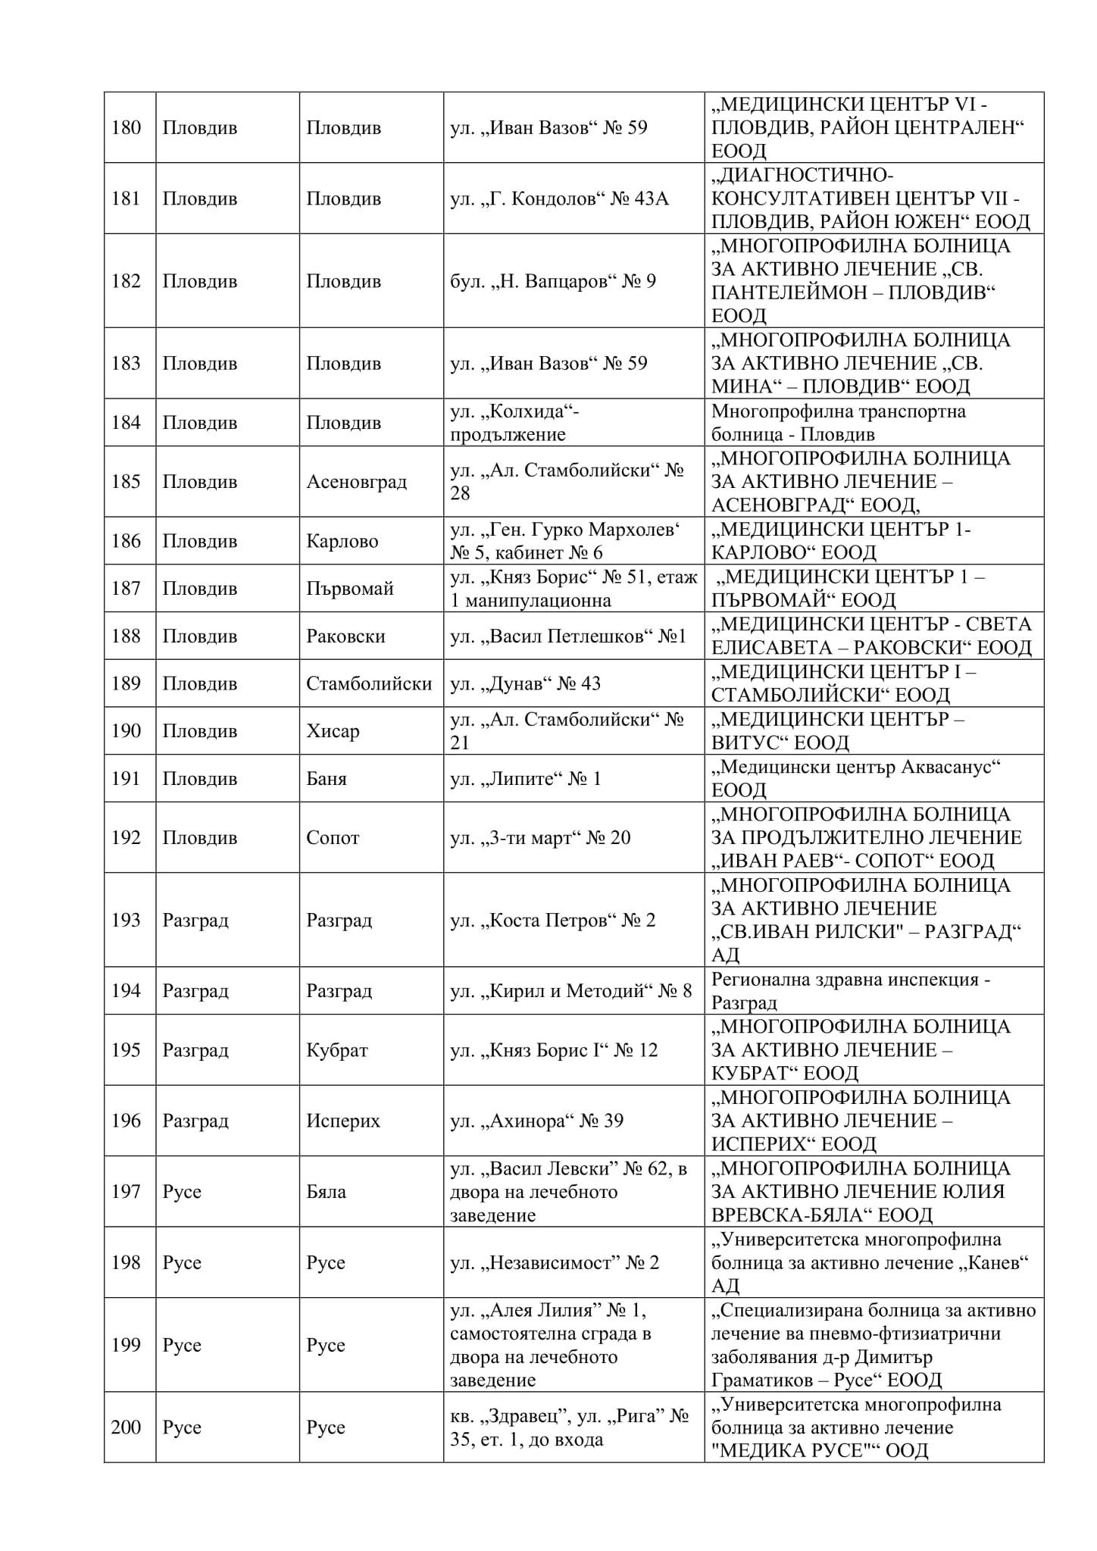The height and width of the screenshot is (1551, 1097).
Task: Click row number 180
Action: click(x=126, y=127)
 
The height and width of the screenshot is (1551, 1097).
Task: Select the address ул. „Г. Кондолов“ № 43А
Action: click(x=559, y=199)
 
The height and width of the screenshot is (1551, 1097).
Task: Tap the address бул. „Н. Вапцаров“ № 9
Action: click(x=553, y=281)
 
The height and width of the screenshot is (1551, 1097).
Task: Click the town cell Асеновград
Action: click(x=356, y=482)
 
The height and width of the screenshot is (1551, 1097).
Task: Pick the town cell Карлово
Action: click(x=342, y=541)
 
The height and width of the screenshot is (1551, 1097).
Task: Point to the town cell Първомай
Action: click(x=349, y=589)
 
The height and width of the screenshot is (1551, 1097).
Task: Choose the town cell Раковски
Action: click(x=345, y=636)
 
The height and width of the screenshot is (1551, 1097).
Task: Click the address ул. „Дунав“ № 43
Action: click(x=525, y=683)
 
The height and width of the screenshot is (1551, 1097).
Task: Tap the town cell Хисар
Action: click(x=333, y=731)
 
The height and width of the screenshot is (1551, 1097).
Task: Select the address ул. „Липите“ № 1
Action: click(x=525, y=779)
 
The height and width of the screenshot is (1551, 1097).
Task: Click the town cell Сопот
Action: click(x=333, y=838)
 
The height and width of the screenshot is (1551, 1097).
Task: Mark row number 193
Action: click(x=126, y=920)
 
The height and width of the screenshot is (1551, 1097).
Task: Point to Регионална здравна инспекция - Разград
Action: click(x=850, y=991)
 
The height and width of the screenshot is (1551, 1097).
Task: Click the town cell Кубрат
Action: click(x=336, y=1050)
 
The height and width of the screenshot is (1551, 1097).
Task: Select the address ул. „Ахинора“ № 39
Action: click(x=536, y=1121)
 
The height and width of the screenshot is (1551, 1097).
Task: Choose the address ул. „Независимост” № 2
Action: click(x=554, y=1262)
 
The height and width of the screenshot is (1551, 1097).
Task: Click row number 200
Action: click(x=126, y=1427)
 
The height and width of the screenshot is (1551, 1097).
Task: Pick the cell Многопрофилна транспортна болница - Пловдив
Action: click(x=838, y=423)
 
